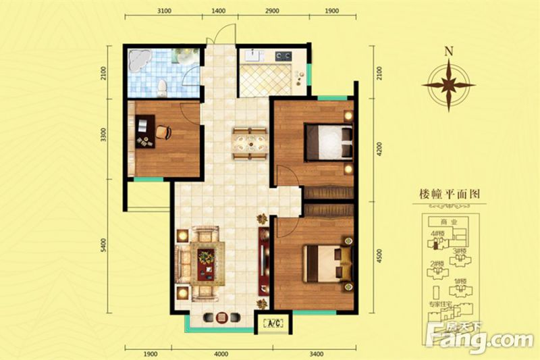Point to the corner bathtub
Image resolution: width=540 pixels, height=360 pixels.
[140, 62]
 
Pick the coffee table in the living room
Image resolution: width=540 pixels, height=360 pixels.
[206, 257]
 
